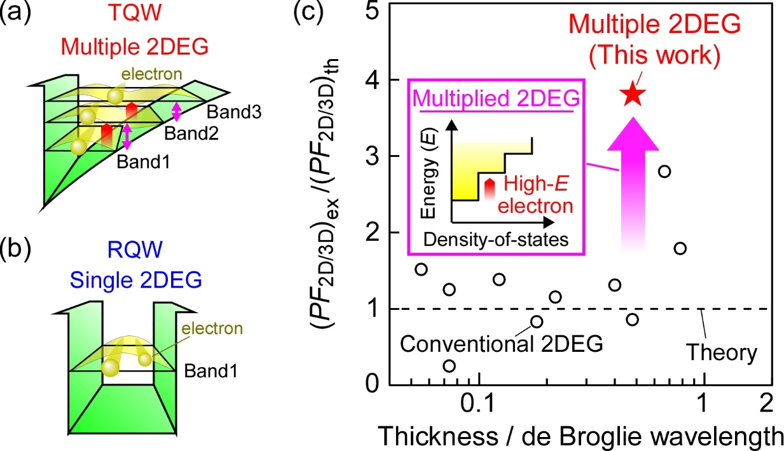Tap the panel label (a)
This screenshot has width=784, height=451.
pyautogui.click(x=14, y=13)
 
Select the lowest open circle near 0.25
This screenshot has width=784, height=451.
pyautogui.click(x=450, y=366)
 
